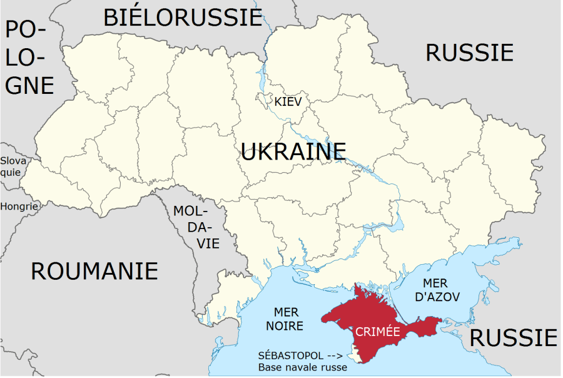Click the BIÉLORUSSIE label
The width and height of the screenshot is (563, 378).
point(182,17)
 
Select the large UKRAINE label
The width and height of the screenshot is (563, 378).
point(293,151)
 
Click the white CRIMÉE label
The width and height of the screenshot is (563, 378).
point(377,332)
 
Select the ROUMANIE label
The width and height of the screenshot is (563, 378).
point(94,271)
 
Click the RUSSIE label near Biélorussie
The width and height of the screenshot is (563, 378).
point(469,53)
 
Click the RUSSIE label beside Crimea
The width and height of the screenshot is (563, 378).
point(513,338)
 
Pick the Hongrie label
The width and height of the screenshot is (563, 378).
point(19,206)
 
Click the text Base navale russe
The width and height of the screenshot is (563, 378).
point(303,367)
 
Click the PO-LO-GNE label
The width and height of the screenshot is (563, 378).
point(28,56)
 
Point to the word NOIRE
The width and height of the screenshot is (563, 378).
point(285,326)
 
